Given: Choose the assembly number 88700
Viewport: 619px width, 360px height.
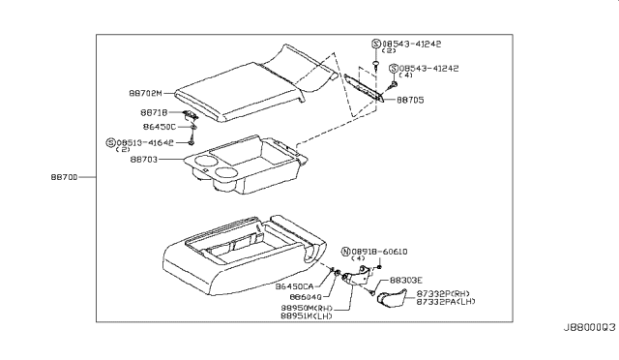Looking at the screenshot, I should [x=66, y=178].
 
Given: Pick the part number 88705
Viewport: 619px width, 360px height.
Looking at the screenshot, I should [x=410, y=99].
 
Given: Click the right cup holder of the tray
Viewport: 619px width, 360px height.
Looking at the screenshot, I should [x=229, y=175].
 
